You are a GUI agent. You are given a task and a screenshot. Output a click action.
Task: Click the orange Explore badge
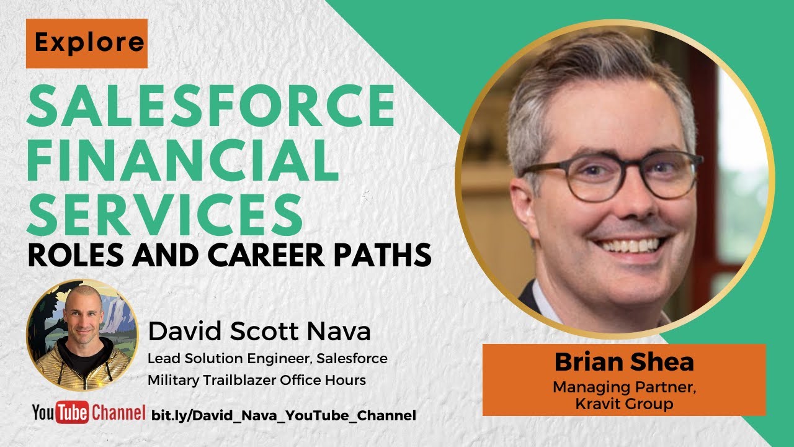[86, 43]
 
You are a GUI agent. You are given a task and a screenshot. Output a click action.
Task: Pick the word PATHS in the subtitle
[385, 255]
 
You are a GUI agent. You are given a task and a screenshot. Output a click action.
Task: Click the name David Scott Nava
[259, 332]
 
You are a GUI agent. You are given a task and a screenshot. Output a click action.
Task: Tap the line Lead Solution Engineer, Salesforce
[267, 359]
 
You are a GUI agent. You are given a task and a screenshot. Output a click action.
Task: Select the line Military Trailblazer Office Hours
[256, 379]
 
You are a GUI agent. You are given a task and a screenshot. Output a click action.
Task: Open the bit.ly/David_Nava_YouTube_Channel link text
[283, 415]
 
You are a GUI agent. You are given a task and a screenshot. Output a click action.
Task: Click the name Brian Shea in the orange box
[624, 362]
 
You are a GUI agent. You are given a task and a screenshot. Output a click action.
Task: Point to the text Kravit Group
[624, 404]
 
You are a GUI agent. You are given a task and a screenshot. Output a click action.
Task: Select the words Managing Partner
[624, 388]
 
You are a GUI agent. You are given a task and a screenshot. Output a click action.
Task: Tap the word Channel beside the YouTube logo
[118, 413]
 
